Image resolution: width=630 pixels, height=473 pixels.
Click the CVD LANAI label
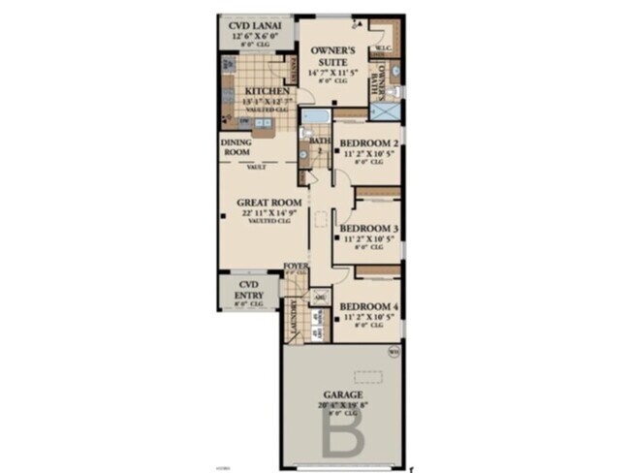coord(253,25)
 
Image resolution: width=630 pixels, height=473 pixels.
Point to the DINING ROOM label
coord(237,146)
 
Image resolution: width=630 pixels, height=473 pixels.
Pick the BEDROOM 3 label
coord(369,229)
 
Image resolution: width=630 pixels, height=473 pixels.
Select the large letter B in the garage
coord(344,434)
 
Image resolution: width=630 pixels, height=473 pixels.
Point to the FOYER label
coord(296,265)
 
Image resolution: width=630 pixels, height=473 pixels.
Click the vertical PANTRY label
coord(295,70)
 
